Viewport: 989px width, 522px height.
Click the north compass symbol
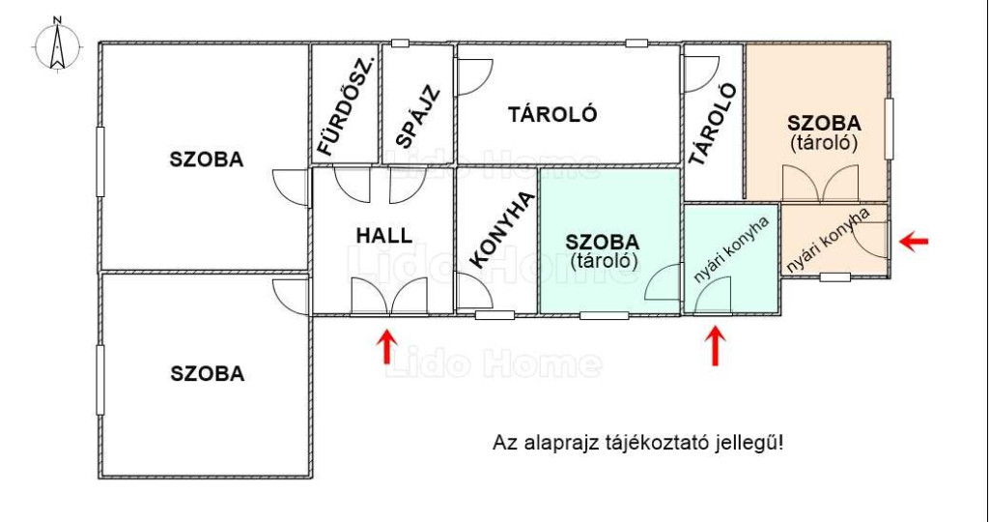(x=57, y=45)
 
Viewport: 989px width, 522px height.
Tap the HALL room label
(x=384, y=236)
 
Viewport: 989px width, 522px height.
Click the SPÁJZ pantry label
(x=417, y=116)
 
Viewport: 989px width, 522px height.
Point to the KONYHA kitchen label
(x=502, y=230)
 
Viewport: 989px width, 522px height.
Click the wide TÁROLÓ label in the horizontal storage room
(x=552, y=115)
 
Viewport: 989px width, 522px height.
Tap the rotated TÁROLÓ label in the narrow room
(x=713, y=125)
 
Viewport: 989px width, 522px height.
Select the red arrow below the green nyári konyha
(x=714, y=345)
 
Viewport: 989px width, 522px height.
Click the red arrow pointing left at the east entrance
(x=914, y=241)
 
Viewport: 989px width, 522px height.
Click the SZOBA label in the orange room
(x=824, y=123)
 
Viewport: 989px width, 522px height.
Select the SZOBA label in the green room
(x=603, y=242)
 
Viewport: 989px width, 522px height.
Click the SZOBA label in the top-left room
(x=207, y=159)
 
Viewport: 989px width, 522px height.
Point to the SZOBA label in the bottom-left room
(x=208, y=374)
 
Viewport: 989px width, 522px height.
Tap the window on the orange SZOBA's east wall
(x=889, y=129)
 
